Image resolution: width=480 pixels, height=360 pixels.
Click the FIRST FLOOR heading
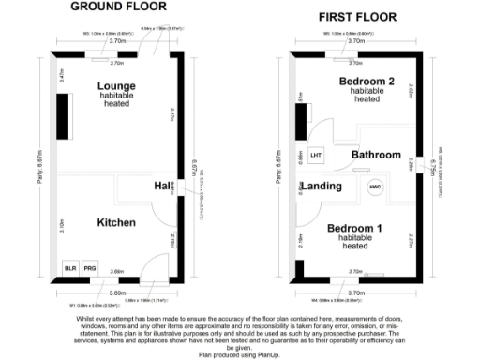point(357,17)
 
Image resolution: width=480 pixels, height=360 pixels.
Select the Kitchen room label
point(117,222)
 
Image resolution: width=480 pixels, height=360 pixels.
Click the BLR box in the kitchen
point(69,268)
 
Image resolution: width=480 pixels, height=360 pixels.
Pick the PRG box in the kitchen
point(90,268)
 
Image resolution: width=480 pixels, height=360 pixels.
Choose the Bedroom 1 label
point(353,229)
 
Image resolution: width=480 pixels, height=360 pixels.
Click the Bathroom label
point(376,155)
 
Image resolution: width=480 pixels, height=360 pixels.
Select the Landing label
point(321,186)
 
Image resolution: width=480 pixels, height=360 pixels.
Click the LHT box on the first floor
point(316,155)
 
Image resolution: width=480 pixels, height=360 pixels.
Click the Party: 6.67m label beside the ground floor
point(41,169)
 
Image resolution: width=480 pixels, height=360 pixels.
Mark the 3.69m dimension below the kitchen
point(117,293)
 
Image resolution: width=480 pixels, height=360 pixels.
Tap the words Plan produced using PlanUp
point(239,355)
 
